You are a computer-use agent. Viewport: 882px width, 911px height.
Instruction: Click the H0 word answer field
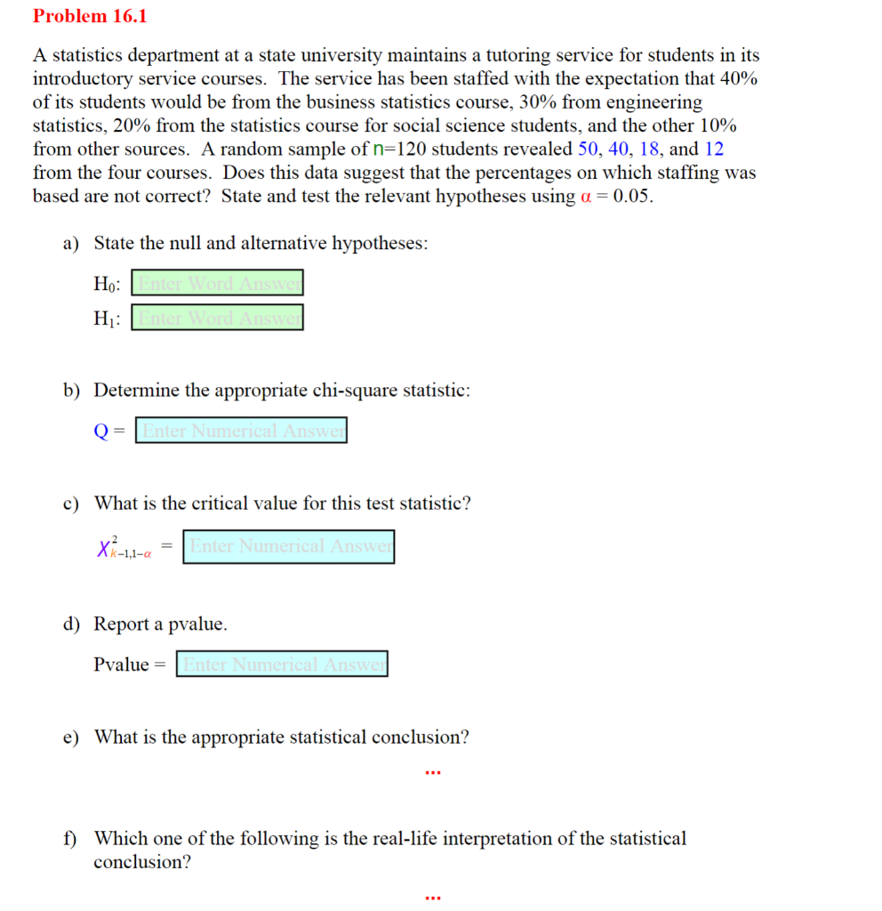(x=218, y=284)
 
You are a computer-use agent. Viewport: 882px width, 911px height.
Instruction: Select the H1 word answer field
(x=218, y=318)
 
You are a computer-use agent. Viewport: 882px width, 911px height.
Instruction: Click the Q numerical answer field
(x=241, y=431)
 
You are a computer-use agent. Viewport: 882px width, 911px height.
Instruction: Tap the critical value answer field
(x=289, y=546)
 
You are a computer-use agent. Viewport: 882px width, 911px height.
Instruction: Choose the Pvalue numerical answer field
(x=282, y=664)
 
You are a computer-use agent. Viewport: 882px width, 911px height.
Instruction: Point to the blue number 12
(x=714, y=149)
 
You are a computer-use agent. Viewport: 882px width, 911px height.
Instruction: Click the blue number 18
(x=649, y=149)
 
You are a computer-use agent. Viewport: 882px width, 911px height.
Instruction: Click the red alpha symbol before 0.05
(x=586, y=197)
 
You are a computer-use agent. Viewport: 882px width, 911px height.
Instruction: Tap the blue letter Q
(x=101, y=431)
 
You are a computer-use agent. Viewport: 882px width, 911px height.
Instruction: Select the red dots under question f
(x=433, y=898)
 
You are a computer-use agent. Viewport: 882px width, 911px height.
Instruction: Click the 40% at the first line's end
(x=740, y=78)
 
